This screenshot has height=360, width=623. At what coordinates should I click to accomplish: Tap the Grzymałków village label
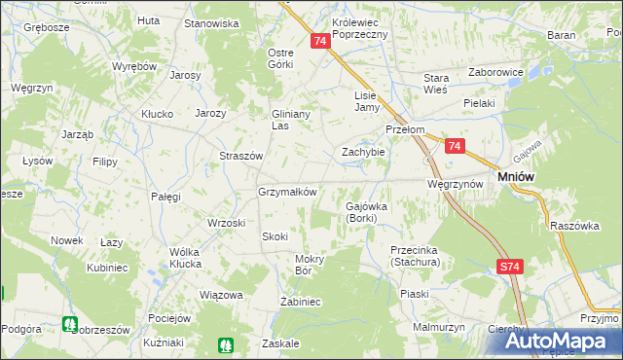287,192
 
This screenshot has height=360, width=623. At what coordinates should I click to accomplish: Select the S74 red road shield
509,267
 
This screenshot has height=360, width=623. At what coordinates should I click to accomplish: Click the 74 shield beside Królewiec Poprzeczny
320,41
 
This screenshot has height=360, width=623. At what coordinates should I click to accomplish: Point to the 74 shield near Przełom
455,146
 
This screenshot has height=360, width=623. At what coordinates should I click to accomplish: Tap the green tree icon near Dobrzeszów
69,324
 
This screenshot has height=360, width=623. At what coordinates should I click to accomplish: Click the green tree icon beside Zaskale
226,344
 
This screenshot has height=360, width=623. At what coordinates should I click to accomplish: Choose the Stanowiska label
211,22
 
